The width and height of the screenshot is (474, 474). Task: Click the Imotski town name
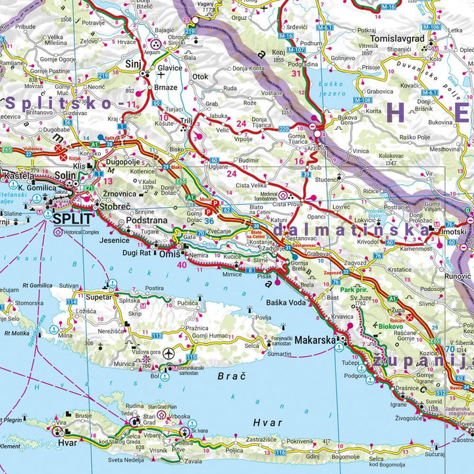[453, 231]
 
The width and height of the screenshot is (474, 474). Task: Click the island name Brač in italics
[230, 377]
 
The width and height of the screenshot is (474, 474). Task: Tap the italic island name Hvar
[267, 422]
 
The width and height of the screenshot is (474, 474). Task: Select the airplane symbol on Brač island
[169, 354]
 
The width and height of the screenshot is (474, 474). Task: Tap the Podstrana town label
[147, 221]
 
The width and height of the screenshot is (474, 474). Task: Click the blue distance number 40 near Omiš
[182, 265]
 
